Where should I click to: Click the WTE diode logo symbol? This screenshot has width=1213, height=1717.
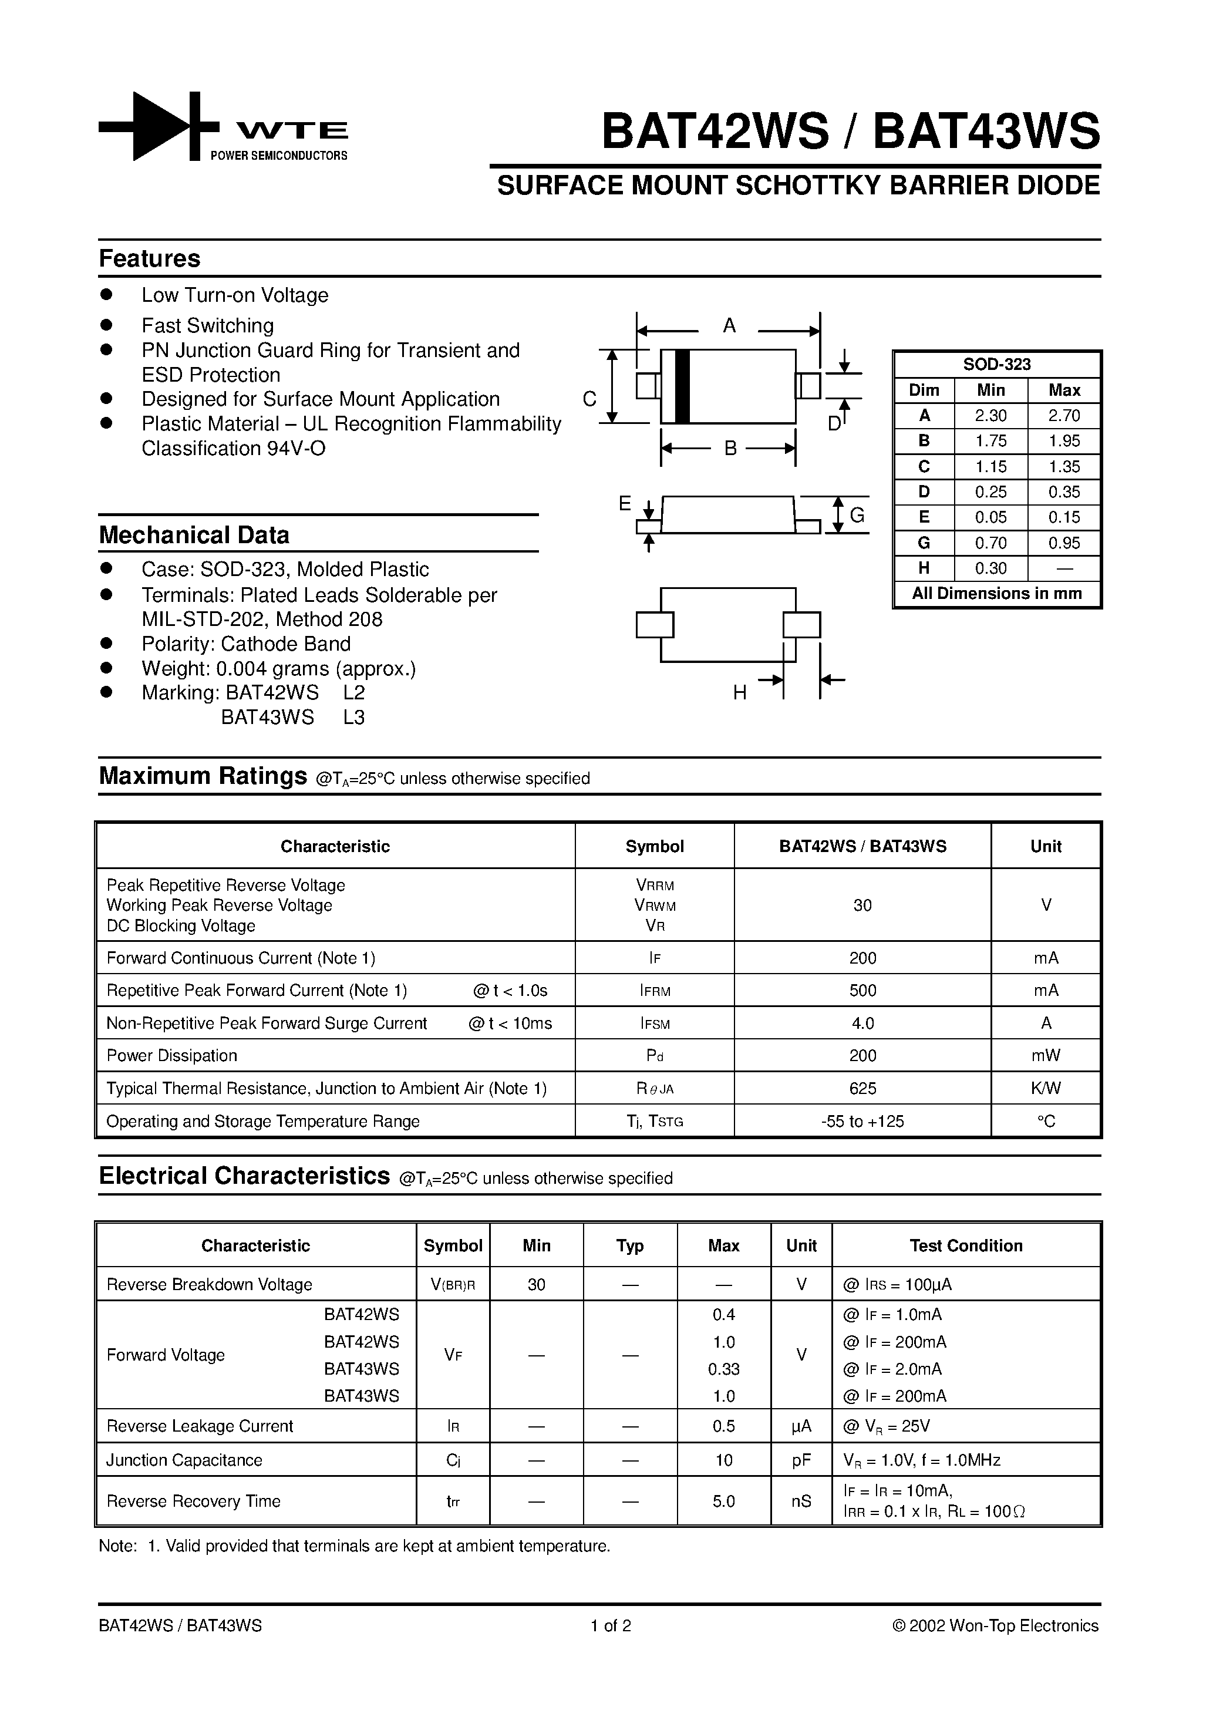tap(159, 126)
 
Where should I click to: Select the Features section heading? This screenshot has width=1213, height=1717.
tap(150, 259)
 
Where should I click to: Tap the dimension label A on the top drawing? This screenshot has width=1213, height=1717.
tap(729, 325)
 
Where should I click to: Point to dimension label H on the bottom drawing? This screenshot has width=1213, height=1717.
tap(740, 692)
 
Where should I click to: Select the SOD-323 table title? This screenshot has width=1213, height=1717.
tap(996, 364)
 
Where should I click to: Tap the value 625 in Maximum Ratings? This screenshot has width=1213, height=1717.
tap(862, 1088)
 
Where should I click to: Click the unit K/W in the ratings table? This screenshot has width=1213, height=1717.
tap(1046, 1088)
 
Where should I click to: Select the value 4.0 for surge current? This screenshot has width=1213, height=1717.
tap(862, 1023)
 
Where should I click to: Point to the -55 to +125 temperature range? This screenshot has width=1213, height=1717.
tap(862, 1121)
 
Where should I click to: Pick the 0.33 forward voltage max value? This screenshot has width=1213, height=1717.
tap(723, 1369)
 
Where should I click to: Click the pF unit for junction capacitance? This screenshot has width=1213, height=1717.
tap(801, 1460)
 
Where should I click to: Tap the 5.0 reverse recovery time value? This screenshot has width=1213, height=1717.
tap(723, 1501)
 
